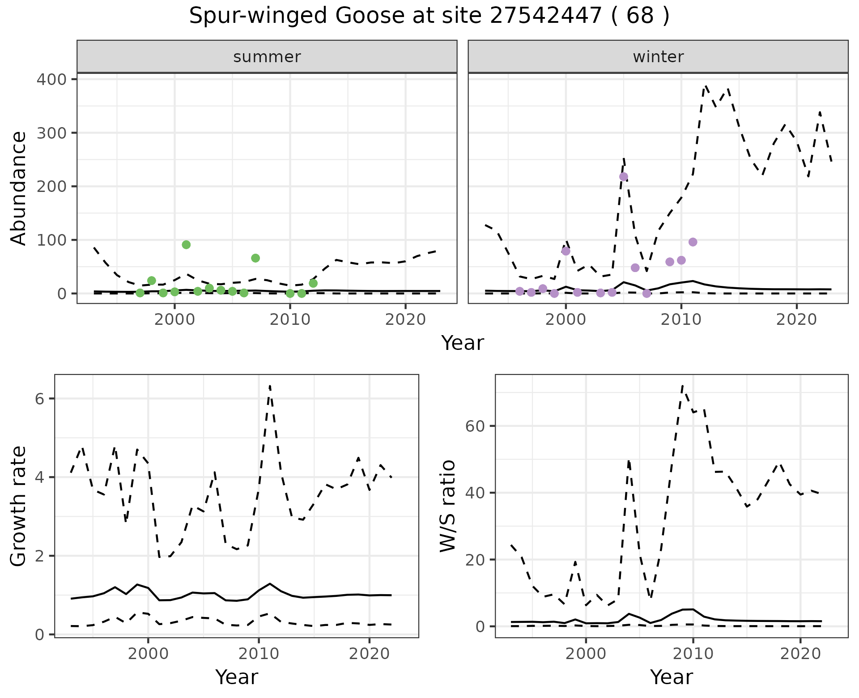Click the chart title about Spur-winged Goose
pos(429,16)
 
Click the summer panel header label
pos(267,57)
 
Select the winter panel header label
pos(658,57)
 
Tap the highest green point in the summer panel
pos(186,245)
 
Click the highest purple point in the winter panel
pos(624,177)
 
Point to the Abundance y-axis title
pos(19,188)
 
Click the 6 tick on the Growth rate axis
pos(39,399)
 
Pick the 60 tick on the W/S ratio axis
pos(475,426)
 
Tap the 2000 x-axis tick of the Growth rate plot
pos(148,654)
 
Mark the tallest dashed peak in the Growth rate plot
pos(270,386)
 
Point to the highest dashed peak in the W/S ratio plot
pos(682,385)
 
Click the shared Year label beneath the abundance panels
pos(463,343)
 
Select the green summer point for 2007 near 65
pos(255,258)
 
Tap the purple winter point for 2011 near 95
pos(693,242)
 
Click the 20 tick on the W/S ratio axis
pos(475,560)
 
